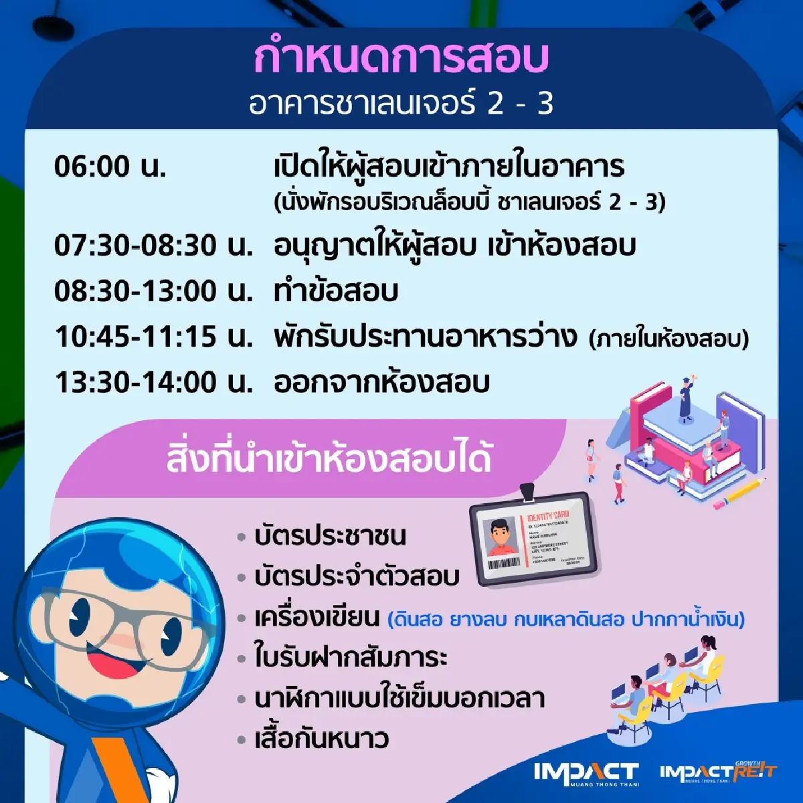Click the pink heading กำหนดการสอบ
click(401, 59)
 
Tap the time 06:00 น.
click(110, 167)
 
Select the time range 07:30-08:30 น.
click(154, 246)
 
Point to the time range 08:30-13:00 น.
click(154, 292)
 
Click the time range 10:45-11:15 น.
click(154, 337)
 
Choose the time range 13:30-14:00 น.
click(154, 383)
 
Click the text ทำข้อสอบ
click(336, 292)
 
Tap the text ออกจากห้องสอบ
click(382, 383)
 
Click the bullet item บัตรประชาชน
click(330, 536)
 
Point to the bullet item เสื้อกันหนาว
click(322, 740)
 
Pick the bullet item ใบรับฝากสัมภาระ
click(351, 658)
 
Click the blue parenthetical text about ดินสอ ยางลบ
click(566, 619)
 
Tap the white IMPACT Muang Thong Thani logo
click(586, 773)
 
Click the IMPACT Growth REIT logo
click(717, 772)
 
